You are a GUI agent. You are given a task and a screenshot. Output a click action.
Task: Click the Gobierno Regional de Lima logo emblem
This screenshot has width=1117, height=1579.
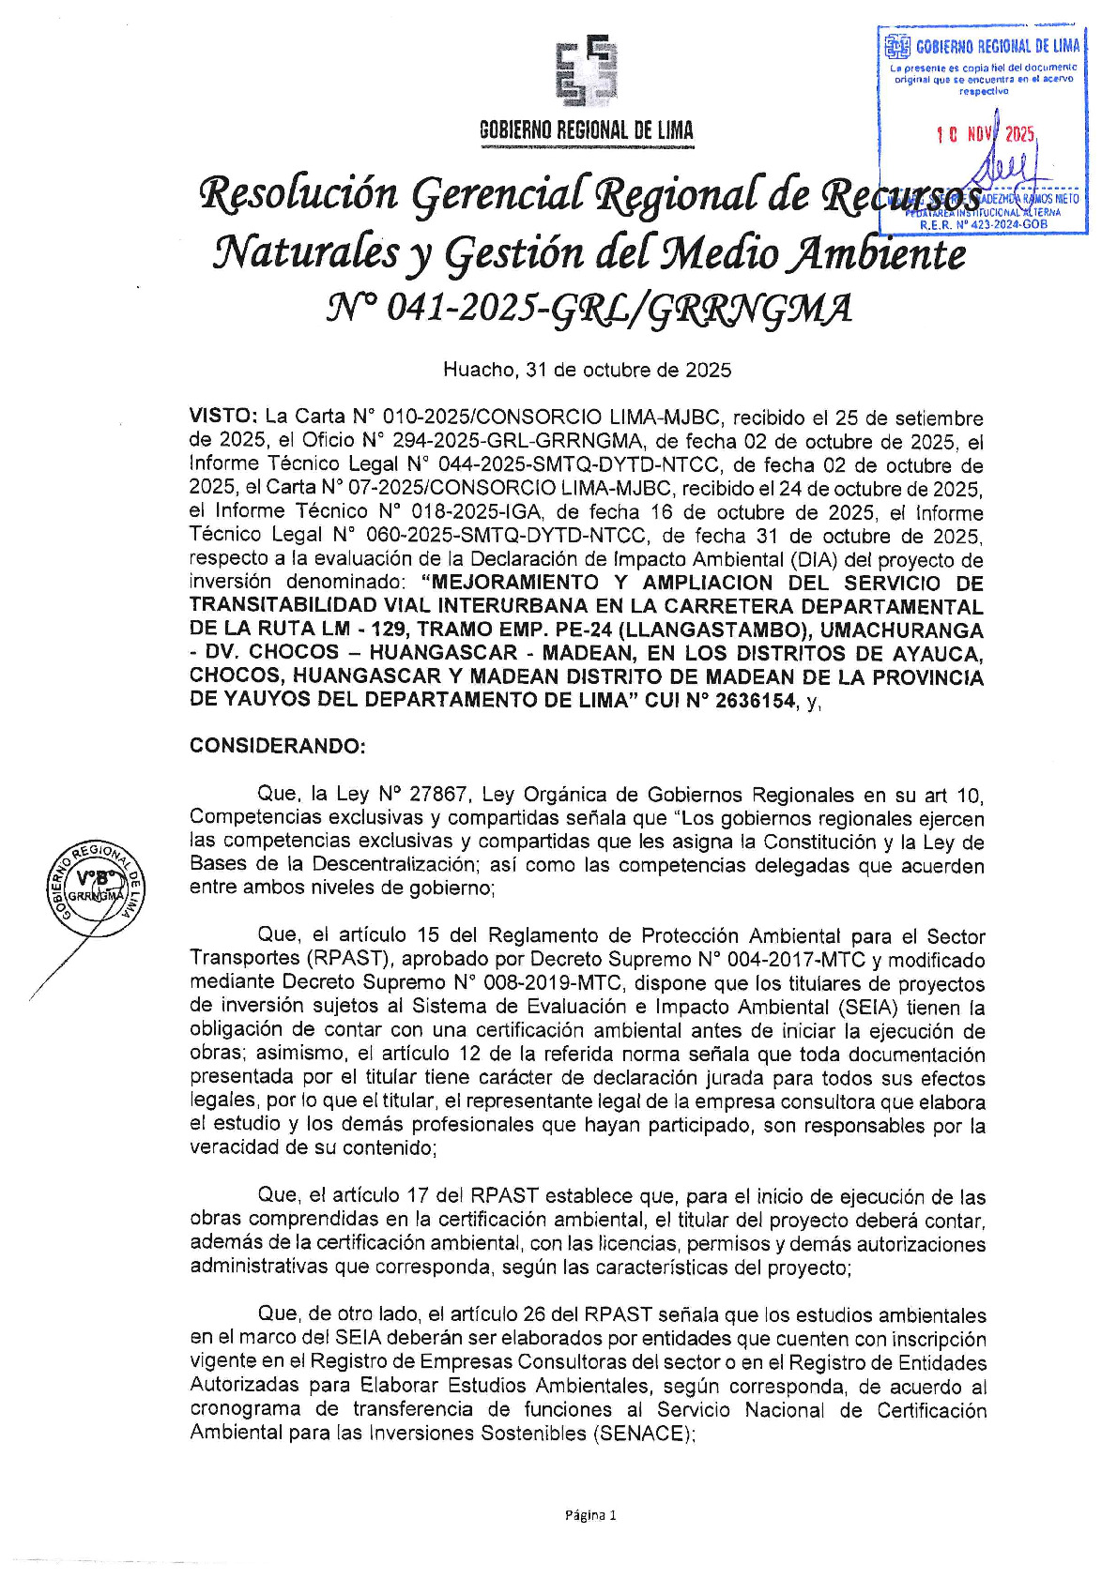586,70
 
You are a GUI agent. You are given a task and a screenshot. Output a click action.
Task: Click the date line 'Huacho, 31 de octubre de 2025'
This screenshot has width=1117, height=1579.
587,370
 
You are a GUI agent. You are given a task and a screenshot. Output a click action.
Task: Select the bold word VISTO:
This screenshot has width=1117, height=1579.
223,417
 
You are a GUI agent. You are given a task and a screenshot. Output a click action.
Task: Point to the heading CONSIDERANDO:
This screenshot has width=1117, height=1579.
277,746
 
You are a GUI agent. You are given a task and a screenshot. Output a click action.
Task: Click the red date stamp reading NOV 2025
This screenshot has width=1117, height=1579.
987,135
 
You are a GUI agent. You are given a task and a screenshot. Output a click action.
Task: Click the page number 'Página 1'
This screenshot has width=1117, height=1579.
590,1514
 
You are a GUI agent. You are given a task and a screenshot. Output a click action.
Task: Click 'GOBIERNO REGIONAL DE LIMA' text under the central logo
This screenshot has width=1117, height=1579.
586,131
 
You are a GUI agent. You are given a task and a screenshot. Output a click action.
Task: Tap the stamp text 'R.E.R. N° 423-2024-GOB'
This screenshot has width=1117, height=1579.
982,224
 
